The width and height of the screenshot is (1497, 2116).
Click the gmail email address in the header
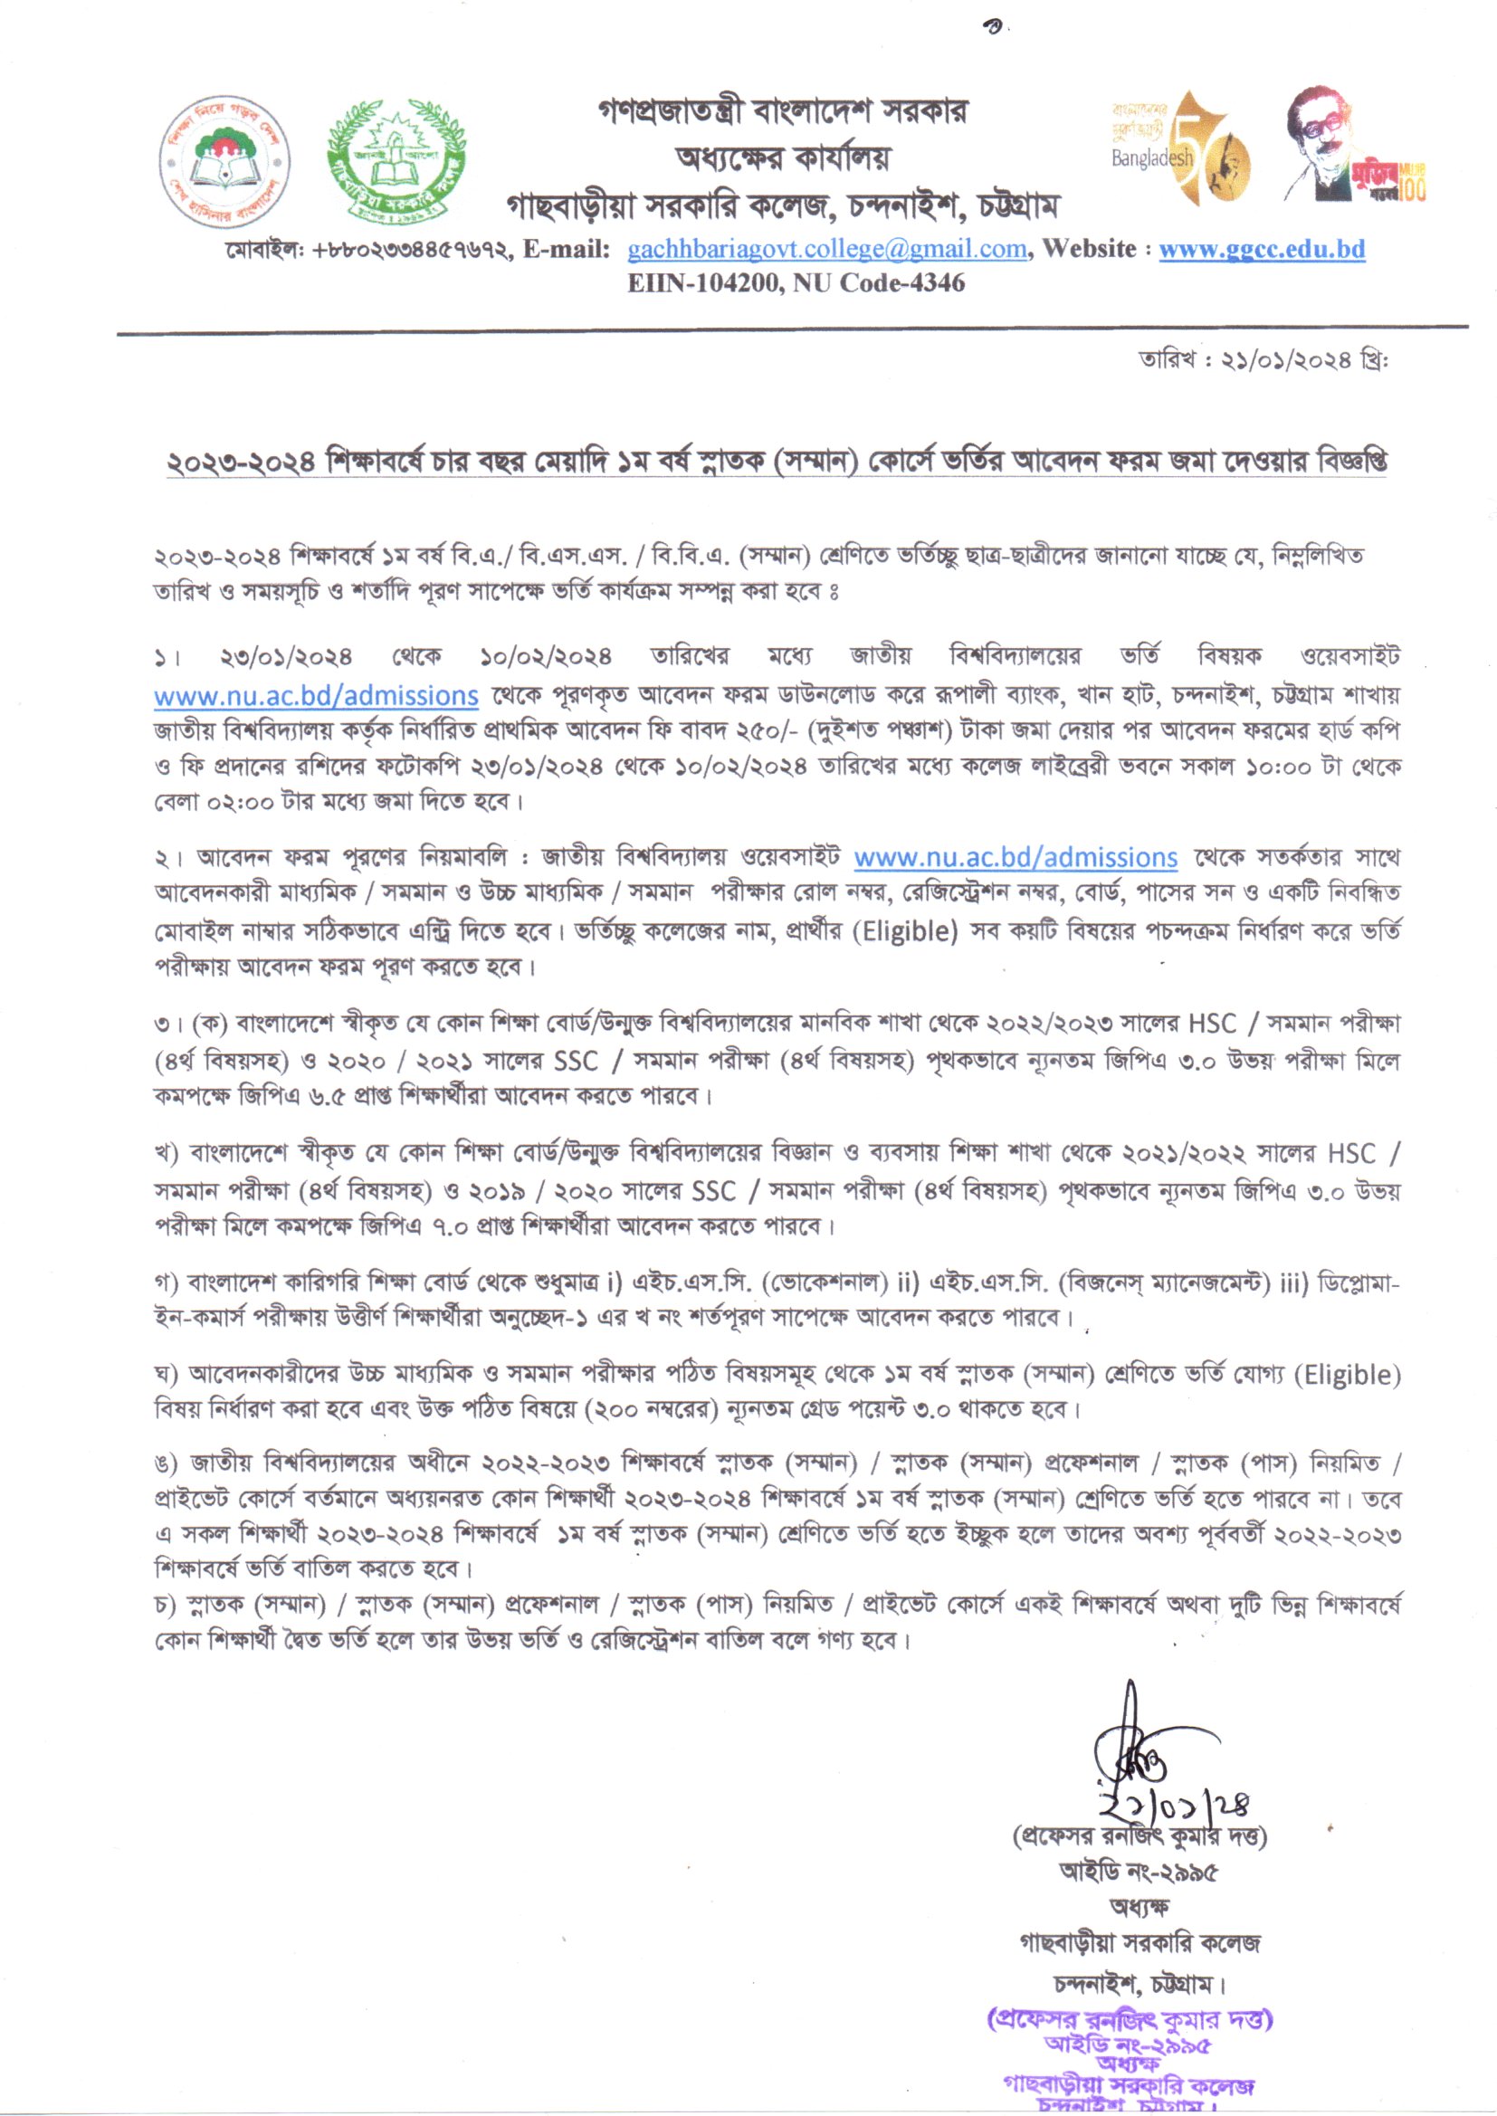pyautogui.click(x=827, y=249)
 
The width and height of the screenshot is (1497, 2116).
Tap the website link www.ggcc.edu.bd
pyautogui.click(x=1261, y=249)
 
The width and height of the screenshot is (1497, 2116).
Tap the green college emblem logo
pyautogui.click(x=397, y=157)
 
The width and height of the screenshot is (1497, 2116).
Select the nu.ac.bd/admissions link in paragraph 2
pyautogui.click(x=1015, y=858)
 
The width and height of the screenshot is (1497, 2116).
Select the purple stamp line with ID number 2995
pyautogui.click(x=1128, y=2045)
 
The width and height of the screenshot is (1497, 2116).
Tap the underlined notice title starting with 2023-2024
pyautogui.click(x=777, y=461)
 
